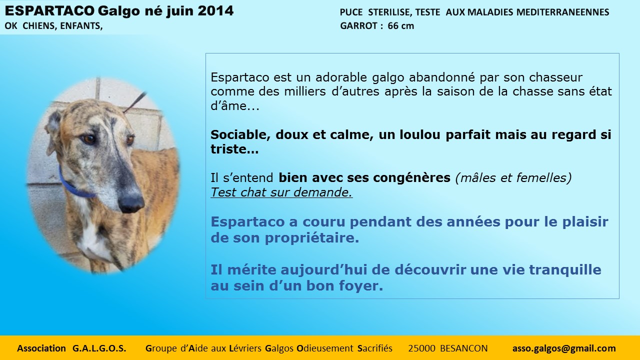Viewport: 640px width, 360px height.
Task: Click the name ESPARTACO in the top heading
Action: click(49, 11)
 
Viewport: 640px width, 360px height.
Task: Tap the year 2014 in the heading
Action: click(215, 11)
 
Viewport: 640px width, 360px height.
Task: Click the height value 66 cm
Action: click(401, 26)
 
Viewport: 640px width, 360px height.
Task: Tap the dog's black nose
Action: click(131, 203)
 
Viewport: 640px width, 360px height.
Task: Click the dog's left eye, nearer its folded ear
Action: click(88, 139)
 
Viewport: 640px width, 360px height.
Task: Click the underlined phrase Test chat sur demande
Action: click(281, 192)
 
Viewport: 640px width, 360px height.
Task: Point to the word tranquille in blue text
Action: click(565, 270)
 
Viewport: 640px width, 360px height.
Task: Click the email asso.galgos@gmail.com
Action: click(564, 348)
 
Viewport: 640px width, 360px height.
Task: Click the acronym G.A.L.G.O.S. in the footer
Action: click(99, 348)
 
